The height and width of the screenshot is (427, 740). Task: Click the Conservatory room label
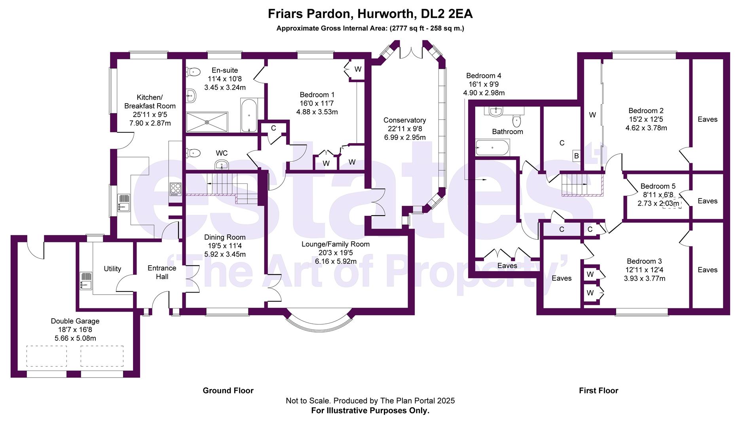click(404, 120)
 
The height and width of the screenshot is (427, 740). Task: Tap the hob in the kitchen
click(175, 189)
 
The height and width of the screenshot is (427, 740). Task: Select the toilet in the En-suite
click(193, 72)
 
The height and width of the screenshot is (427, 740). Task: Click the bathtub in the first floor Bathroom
click(492, 147)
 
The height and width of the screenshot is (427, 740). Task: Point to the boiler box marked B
click(576, 156)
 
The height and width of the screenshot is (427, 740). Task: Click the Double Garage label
click(75, 321)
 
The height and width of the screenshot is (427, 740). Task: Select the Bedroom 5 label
click(658, 186)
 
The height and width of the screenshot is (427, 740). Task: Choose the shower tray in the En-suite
click(207, 122)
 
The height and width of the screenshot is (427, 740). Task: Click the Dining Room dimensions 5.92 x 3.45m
click(225, 254)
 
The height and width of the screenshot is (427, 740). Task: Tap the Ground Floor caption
click(228, 391)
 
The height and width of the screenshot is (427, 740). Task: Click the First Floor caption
click(598, 391)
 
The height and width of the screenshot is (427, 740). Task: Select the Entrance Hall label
click(162, 272)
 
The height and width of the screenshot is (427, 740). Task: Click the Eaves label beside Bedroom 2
click(707, 119)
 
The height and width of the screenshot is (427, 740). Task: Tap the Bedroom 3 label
click(644, 261)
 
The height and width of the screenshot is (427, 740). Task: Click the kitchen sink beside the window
click(123, 202)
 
